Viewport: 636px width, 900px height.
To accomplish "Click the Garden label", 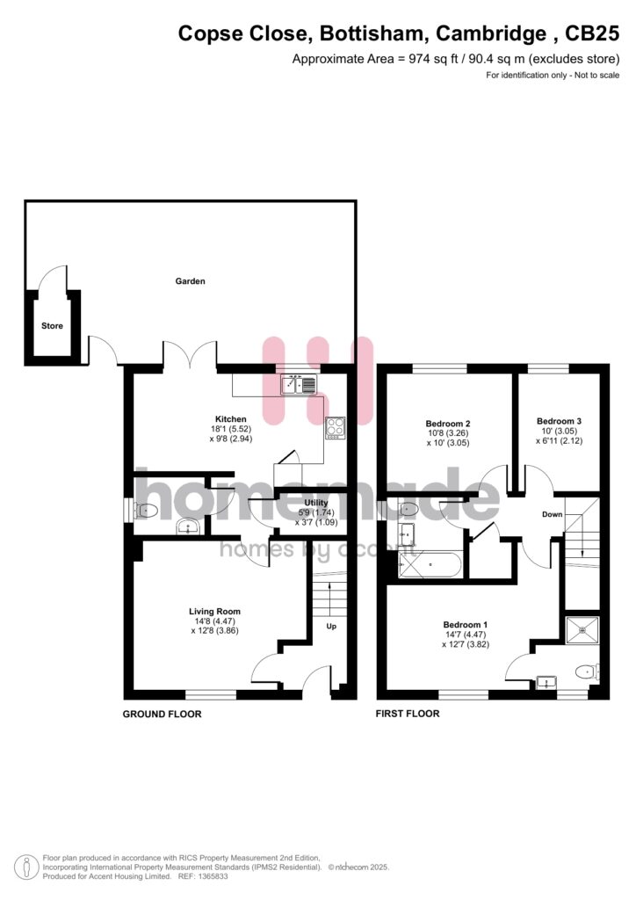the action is pos(190,281).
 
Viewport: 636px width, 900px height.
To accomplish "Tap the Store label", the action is pos(52,326).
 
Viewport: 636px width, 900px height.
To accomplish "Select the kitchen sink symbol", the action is pos(298,384).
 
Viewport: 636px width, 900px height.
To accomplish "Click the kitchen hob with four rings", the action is pos(336,428).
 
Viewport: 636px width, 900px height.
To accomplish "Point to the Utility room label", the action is pos(316,503).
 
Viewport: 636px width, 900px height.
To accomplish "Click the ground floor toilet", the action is pos(146,510).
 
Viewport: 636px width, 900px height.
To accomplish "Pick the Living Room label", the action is pos(214,612).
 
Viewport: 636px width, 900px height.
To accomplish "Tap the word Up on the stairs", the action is pos(331,626).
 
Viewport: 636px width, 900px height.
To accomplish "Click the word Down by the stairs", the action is pos(553,514).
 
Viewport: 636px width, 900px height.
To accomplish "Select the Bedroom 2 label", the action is pos(448,424).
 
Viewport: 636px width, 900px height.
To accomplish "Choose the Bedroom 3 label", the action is pos(560,421).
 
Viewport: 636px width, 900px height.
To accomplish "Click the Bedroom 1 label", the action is pos(465,625).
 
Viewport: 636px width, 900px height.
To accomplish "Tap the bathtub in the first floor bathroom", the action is pos(430,565).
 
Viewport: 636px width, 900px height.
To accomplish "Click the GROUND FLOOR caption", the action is pos(163,714).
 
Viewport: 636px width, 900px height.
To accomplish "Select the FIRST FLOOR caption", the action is pos(408,714).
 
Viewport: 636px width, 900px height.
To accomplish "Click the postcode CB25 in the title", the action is pos(592,33).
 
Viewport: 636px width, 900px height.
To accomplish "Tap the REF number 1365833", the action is pos(212,876).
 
